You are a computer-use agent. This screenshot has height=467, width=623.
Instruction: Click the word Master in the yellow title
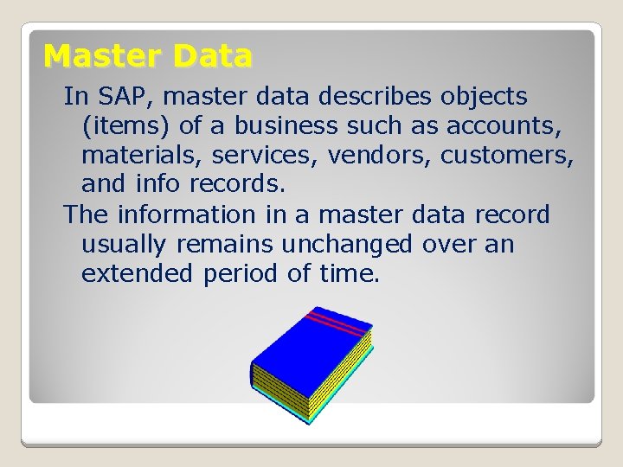(x=104, y=56)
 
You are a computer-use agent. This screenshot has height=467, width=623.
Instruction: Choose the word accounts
(x=510, y=126)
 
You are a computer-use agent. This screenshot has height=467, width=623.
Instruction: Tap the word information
(x=186, y=214)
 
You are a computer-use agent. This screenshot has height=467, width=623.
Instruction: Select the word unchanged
(x=350, y=245)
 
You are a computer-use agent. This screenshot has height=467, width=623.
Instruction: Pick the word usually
(x=125, y=245)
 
